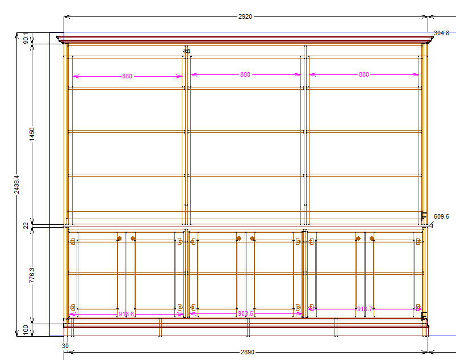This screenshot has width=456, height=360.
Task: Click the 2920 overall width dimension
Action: [245, 16]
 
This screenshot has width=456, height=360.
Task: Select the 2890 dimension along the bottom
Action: [247, 353]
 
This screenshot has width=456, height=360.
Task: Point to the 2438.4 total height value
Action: [17, 184]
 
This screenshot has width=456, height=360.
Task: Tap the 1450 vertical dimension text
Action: [32, 134]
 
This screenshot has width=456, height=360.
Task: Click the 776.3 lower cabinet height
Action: [32, 275]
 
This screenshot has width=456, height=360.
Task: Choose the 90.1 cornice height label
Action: [26, 39]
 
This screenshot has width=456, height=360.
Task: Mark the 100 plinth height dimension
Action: [26, 329]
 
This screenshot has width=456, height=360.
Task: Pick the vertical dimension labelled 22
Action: [26, 225]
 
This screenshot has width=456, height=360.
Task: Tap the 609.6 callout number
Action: [441, 216]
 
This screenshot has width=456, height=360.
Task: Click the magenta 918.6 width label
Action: [126, 314]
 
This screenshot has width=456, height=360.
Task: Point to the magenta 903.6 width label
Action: [245, 313]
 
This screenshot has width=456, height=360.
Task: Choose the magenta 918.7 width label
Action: [365, 309]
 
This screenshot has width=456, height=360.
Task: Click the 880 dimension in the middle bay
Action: [245, 74]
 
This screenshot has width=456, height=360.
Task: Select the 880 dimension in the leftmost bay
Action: [127, 76]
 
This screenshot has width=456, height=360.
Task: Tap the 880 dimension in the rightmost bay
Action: [364, 74]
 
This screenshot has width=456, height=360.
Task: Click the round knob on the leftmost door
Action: [119, 238]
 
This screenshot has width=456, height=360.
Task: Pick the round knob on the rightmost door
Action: [373, 238]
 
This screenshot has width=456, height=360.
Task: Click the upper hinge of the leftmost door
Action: [72, 242]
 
